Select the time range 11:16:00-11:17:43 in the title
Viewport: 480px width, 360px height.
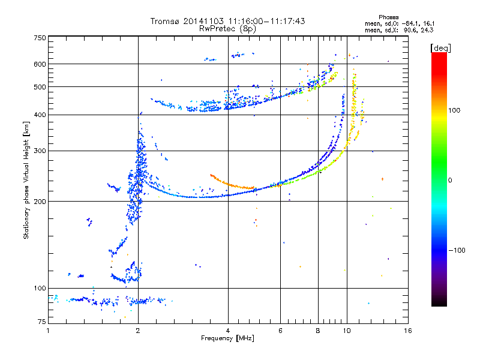(x=267, y=21)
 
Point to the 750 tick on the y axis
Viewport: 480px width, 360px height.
(x=40, y=38)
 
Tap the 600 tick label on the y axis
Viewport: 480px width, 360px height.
(x=40, y=64)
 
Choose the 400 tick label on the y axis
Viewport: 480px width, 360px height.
(x=40, y=115)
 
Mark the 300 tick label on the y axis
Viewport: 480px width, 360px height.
(x=40, y=151)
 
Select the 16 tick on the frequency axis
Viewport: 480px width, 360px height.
(x=407, y=331)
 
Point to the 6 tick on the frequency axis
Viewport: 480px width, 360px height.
(x=281, y=331)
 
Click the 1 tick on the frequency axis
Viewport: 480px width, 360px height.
(x=48, y=331)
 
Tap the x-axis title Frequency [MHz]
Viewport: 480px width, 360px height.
(x=228, y=339)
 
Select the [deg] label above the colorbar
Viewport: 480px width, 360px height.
(x=440, y=47)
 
